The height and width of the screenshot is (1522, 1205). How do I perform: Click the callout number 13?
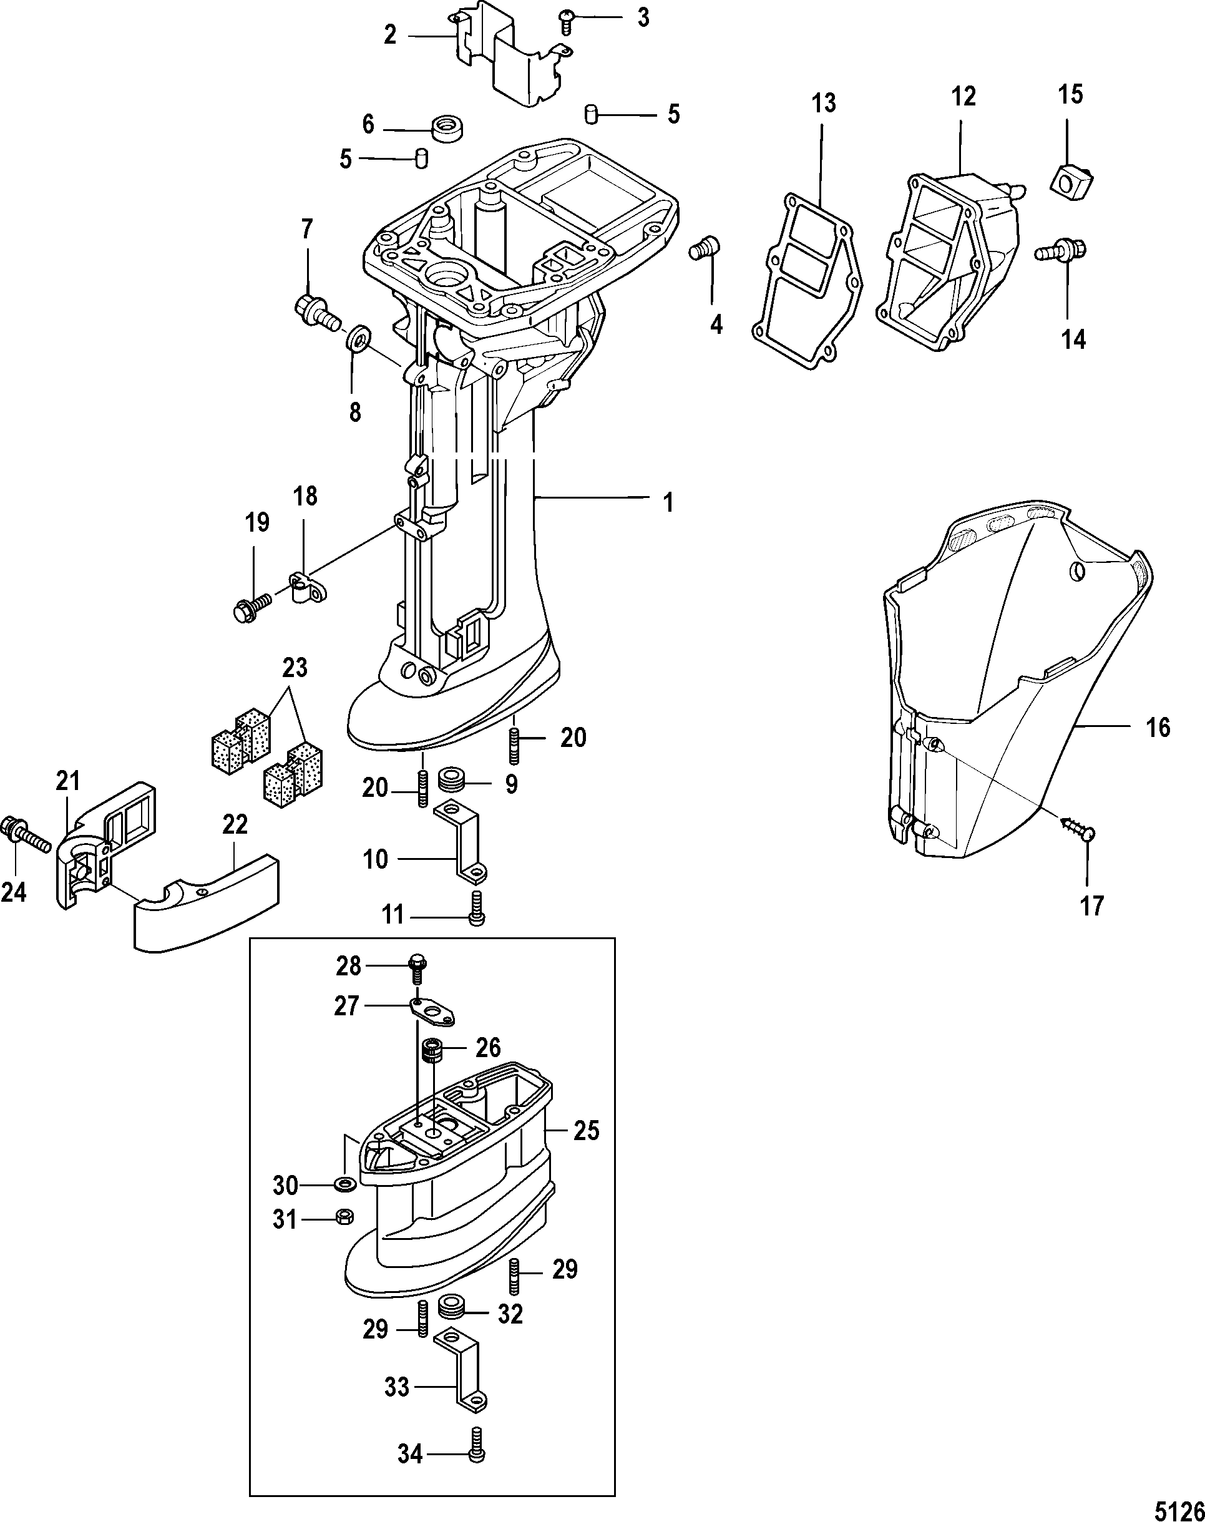click(823, 103)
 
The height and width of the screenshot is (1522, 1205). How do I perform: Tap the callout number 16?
click(1158, 727)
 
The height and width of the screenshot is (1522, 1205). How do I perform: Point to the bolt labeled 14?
click(1063, 251)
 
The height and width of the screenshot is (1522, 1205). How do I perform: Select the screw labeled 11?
click(476, 906)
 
